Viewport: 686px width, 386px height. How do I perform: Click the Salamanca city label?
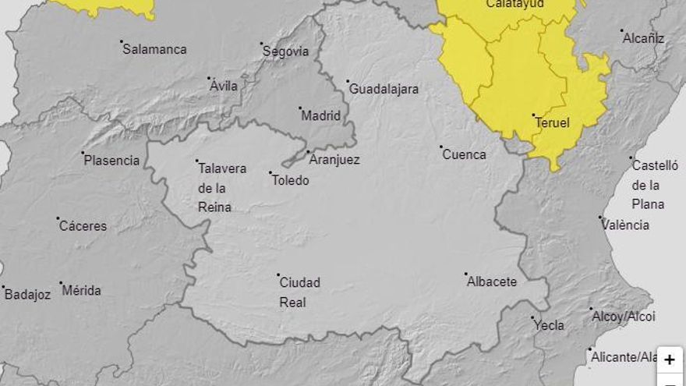pos(155,49)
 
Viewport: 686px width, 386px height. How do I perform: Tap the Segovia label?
pos(286,51)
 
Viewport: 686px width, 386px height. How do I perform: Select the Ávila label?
pos(224,86)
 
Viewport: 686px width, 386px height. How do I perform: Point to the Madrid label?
pos(321,116)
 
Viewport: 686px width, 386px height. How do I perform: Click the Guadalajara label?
pos(384,90)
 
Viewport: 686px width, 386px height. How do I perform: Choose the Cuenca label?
pos(464,154)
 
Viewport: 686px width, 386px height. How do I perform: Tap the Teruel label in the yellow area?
pos(553,123)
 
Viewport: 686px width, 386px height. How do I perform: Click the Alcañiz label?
pos(643,37)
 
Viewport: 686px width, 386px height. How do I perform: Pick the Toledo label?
pos(290,180)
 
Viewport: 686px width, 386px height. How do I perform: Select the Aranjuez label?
pos(334,160)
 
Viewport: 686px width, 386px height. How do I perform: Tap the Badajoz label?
pos(27,295)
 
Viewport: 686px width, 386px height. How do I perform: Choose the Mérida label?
pos(82,291)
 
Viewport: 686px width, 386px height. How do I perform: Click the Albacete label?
pos(492,282)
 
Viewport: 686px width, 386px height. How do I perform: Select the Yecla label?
pos(550,325)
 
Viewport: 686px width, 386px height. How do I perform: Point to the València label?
pos(626,225)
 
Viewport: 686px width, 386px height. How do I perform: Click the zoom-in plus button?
pos(670,359)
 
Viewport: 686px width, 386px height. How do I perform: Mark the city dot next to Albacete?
pos(466,274)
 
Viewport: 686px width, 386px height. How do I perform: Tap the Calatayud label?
pos(515,4)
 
